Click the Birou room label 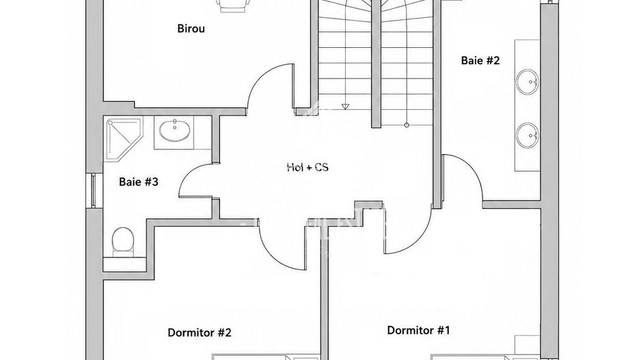191,29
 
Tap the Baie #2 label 480,61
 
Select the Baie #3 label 139,182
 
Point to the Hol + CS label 308,167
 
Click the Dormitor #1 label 419,330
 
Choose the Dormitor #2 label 200,332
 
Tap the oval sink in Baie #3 174,131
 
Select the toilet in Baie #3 122,240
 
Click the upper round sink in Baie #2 527,82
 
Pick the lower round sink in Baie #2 527,135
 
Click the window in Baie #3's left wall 93,191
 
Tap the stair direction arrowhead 345,107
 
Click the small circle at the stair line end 407,125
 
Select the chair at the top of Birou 234,5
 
